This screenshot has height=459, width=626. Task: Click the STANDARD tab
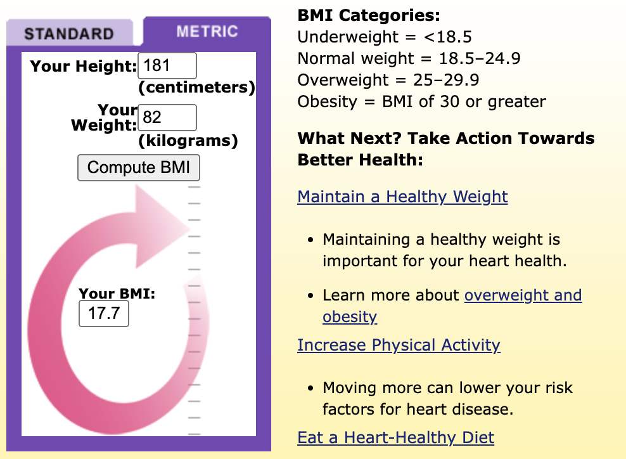[70, 33]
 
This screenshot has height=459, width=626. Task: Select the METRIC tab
[207, 31]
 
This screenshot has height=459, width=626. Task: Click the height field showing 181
[167, 65]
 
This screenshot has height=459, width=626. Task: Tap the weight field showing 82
[167, 117]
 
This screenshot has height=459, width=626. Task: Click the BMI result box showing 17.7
[104, 314]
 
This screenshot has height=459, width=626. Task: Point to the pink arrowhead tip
[190, 228]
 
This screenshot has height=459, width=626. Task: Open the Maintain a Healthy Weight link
[402, 197]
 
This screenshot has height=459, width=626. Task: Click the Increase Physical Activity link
[399, 345]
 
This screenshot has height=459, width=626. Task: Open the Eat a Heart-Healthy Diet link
[395, 437]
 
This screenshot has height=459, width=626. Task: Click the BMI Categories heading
[369, 16]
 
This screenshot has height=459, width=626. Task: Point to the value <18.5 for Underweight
[448, 37]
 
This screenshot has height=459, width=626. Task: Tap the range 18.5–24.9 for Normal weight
[480, 58]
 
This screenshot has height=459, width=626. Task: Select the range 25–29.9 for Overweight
[446, 80]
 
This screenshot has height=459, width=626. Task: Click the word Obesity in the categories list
[328, 102]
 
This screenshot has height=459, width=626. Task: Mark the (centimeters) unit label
[197, 87]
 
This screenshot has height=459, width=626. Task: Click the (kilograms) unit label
[188, 141]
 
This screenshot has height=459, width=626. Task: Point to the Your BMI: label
[117, 294]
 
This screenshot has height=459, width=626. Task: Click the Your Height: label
[84, 66]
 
